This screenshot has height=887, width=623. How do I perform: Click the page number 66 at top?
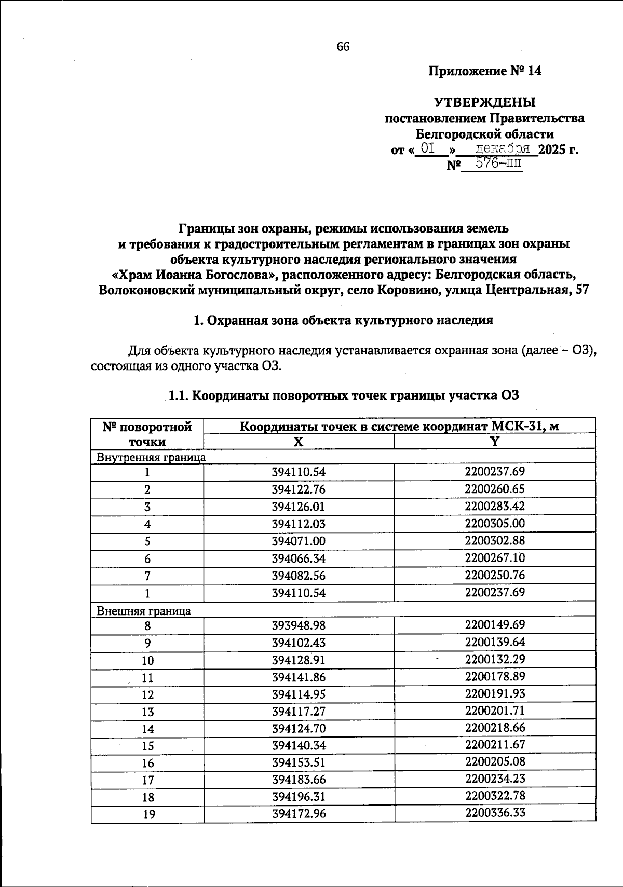[343, 47]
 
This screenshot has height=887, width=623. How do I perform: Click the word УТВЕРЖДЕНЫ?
[484, 102]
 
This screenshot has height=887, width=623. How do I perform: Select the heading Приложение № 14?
[484, 71]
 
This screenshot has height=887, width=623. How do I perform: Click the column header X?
[298, 442]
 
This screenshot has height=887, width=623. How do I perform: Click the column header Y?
[494, 442]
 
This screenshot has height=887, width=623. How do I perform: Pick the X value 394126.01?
[298, 507]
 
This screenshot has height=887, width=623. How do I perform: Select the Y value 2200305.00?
[495, 523]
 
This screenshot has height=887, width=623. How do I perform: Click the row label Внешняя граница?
[144, 611]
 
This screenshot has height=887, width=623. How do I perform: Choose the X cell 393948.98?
[298, 625]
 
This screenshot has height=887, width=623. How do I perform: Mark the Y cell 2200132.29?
[495, 659]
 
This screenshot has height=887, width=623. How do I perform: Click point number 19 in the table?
[148, 814]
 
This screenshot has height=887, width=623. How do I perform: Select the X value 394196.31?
[298, 797]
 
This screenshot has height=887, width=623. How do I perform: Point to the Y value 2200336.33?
[495, 812]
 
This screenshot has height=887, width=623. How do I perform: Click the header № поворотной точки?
[147, 434]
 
